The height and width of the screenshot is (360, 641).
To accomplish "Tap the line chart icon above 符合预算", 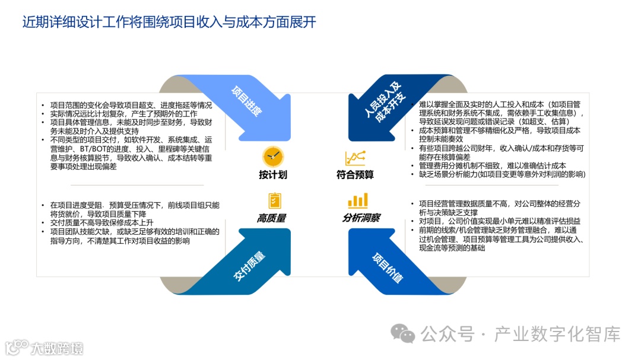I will (355, 158).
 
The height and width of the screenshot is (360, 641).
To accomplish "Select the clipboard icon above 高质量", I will (274, 200).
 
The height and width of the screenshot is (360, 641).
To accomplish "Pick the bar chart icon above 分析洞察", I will (357, 200).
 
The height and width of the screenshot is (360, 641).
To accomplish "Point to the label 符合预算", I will (355, 175).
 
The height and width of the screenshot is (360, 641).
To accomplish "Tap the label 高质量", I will (271, 218).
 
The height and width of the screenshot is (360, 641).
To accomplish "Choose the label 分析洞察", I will (361, 218).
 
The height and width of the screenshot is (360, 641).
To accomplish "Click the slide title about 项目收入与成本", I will (169, 23).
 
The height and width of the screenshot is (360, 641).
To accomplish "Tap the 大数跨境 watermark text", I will (57, 348).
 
